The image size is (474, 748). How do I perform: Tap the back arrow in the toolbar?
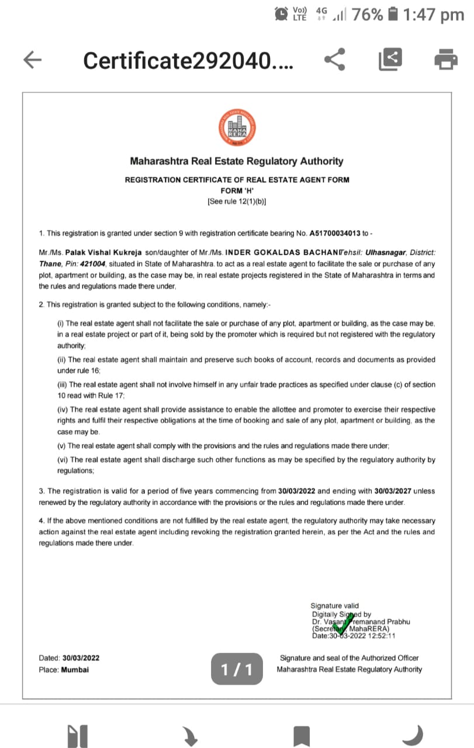pos(33,59)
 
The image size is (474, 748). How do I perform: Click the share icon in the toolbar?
pos(334,59)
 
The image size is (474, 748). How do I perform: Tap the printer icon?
pos(446,59)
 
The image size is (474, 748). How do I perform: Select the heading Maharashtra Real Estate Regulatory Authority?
pos(237,161)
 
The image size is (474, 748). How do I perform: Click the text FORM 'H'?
pos(237,191)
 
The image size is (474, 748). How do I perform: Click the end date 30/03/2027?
pos(393,491)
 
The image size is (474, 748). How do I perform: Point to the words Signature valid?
pos(335,606)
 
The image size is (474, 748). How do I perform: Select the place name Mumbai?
pos(75,669)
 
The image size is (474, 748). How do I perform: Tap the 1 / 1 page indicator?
pos(237,669)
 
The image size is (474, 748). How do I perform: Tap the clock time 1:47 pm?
pos(433,15)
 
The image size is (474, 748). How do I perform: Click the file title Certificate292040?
pos(188,60)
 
